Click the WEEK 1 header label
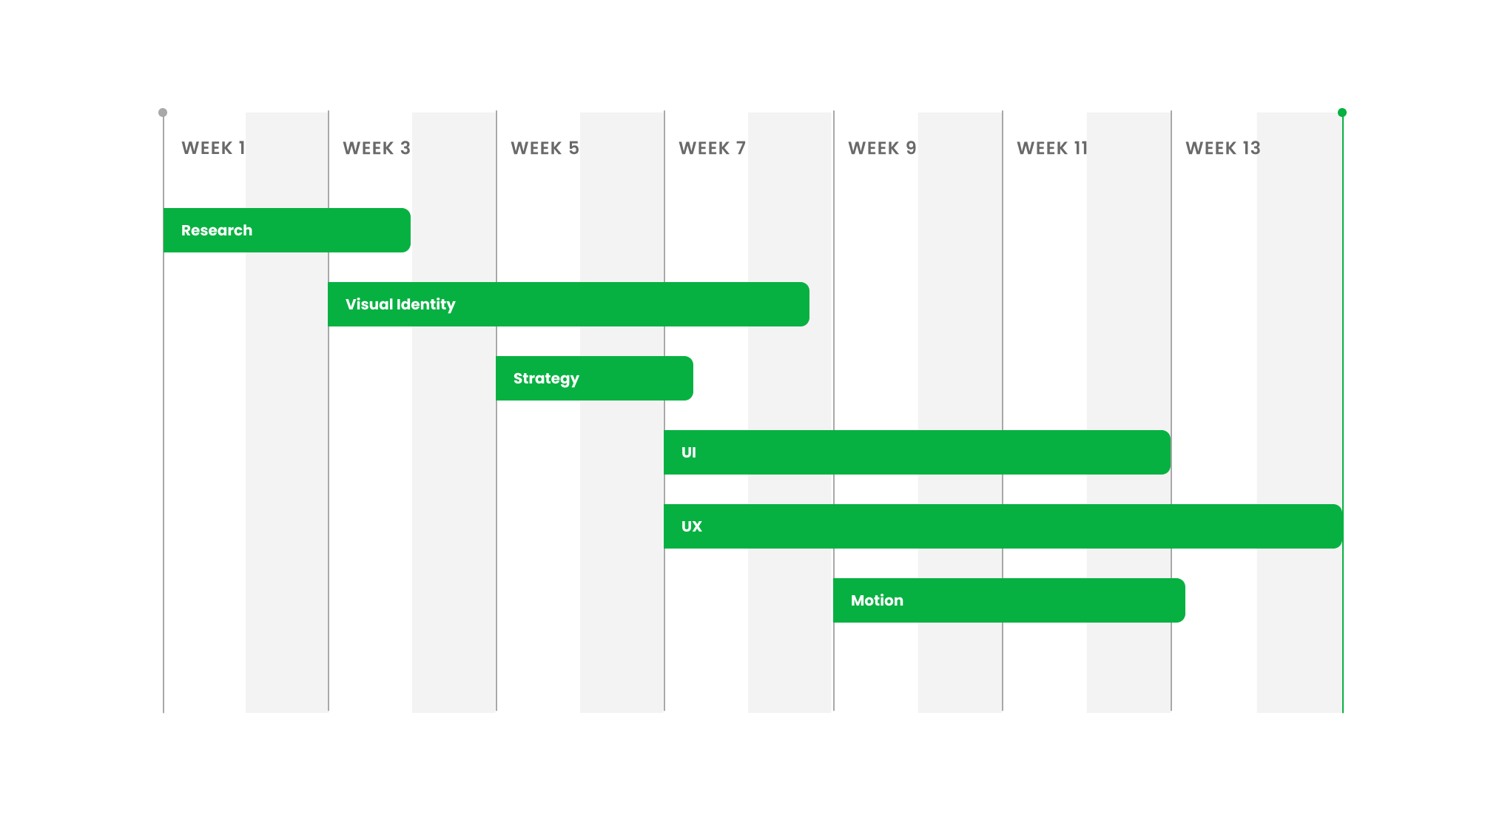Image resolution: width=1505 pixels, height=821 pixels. [212, 148]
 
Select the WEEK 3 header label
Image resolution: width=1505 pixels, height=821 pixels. [376, 148]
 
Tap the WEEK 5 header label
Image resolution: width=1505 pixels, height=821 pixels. [545, 148]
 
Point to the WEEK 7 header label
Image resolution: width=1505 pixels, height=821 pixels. [712, 148]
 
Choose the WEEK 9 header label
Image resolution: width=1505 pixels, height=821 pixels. [882, 148]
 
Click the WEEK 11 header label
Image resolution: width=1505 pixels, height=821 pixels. [1051, 148]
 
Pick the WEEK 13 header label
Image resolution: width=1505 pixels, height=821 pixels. [1222, 148]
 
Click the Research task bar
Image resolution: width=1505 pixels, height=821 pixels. [287, 230]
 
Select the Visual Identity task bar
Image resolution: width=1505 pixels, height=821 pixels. [568, 304]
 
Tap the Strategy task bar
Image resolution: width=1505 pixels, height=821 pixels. [594, 378]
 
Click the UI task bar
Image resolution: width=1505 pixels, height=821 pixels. [917, 452]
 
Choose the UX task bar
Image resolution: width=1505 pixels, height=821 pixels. [1003, 526]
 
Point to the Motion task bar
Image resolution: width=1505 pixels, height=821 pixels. [1009, 600]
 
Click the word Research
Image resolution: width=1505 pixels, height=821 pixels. [217, 230]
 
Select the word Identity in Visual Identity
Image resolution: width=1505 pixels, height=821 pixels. [426, 304]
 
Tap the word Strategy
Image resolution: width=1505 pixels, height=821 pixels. [546, 378]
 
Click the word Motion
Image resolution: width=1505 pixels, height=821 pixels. [877, 600]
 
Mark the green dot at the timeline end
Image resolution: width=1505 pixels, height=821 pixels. [1342, 113]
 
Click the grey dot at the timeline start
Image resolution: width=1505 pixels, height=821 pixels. [163, 113]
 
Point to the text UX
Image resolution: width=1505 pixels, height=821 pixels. [691, 526]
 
